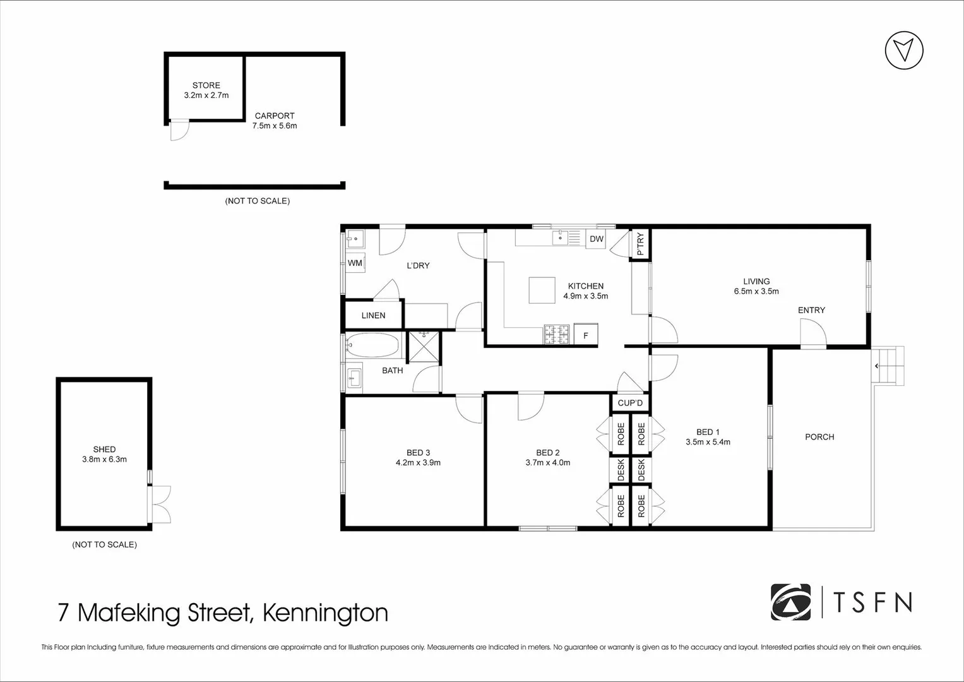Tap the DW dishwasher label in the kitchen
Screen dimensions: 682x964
pos(597,239)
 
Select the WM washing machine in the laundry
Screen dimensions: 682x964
pos(355,263)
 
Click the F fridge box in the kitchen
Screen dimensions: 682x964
pos(586,335)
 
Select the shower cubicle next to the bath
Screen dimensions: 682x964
pos(424,346)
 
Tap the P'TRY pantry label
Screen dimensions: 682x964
pos(640,244)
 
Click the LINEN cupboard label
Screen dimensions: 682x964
pos(373,315)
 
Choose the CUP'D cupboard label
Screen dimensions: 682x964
pos(629,403)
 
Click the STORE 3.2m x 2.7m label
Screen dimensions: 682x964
pos(206,90)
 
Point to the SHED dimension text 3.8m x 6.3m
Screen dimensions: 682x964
pos(104,459)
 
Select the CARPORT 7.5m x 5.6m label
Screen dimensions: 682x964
pos(275,121)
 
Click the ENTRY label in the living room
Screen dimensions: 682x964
pos(811,310)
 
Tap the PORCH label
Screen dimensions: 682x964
pos(819,437)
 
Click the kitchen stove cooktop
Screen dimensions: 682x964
pos(557,335)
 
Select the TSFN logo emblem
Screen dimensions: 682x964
pos(791,602)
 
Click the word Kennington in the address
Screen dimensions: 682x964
pos(324,613)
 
